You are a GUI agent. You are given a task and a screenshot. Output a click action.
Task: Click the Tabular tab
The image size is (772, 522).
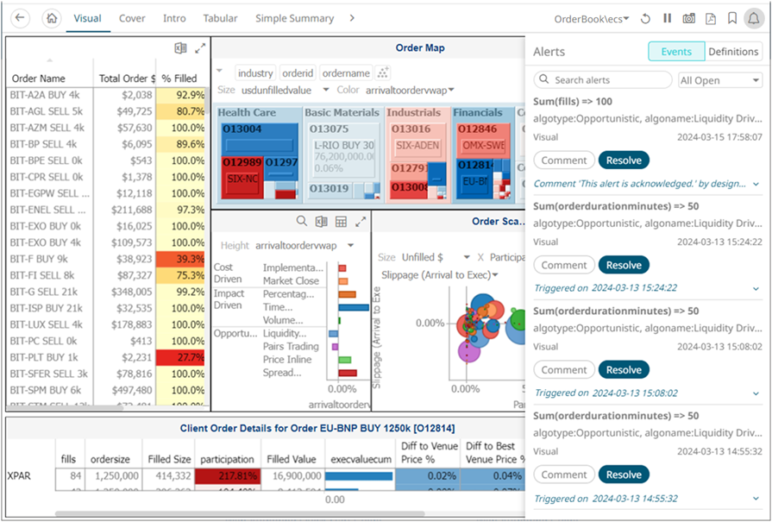click(220, 18)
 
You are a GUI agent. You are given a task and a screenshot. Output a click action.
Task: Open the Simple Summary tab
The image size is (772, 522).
click(294, 18)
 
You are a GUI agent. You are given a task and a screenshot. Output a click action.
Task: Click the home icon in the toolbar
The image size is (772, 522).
click(52, 18)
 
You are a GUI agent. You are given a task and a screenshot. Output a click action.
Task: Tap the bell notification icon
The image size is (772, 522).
click(753, 18)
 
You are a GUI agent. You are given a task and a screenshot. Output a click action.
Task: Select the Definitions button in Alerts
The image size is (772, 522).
click(733, 52)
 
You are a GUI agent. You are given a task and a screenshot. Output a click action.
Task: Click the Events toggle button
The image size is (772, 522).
click(676, 52)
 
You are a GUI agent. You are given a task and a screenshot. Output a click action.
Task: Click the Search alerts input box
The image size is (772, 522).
click(603, 80)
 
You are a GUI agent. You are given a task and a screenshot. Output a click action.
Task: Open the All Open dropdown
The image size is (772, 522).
click(719, 80)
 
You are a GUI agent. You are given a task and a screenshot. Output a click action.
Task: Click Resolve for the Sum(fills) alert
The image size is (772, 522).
click(624, 160)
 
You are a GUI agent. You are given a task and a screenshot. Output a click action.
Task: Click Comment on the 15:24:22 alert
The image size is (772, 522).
click(564, 265)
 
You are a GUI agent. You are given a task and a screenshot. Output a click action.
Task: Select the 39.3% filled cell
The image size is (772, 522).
click(183, 259)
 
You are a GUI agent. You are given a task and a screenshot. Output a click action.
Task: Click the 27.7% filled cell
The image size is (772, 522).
click(183, 357)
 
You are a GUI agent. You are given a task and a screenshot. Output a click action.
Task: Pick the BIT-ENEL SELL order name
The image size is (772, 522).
click(48, 210)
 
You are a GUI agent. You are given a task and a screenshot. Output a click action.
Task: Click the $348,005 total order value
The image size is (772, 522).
click(126, 292)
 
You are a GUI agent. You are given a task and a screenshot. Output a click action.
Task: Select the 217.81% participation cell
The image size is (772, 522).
click(227, 475)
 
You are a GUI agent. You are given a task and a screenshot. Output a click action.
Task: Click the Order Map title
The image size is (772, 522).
click(420, 48)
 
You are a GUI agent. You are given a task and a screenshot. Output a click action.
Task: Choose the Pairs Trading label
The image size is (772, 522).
click(291, 346)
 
